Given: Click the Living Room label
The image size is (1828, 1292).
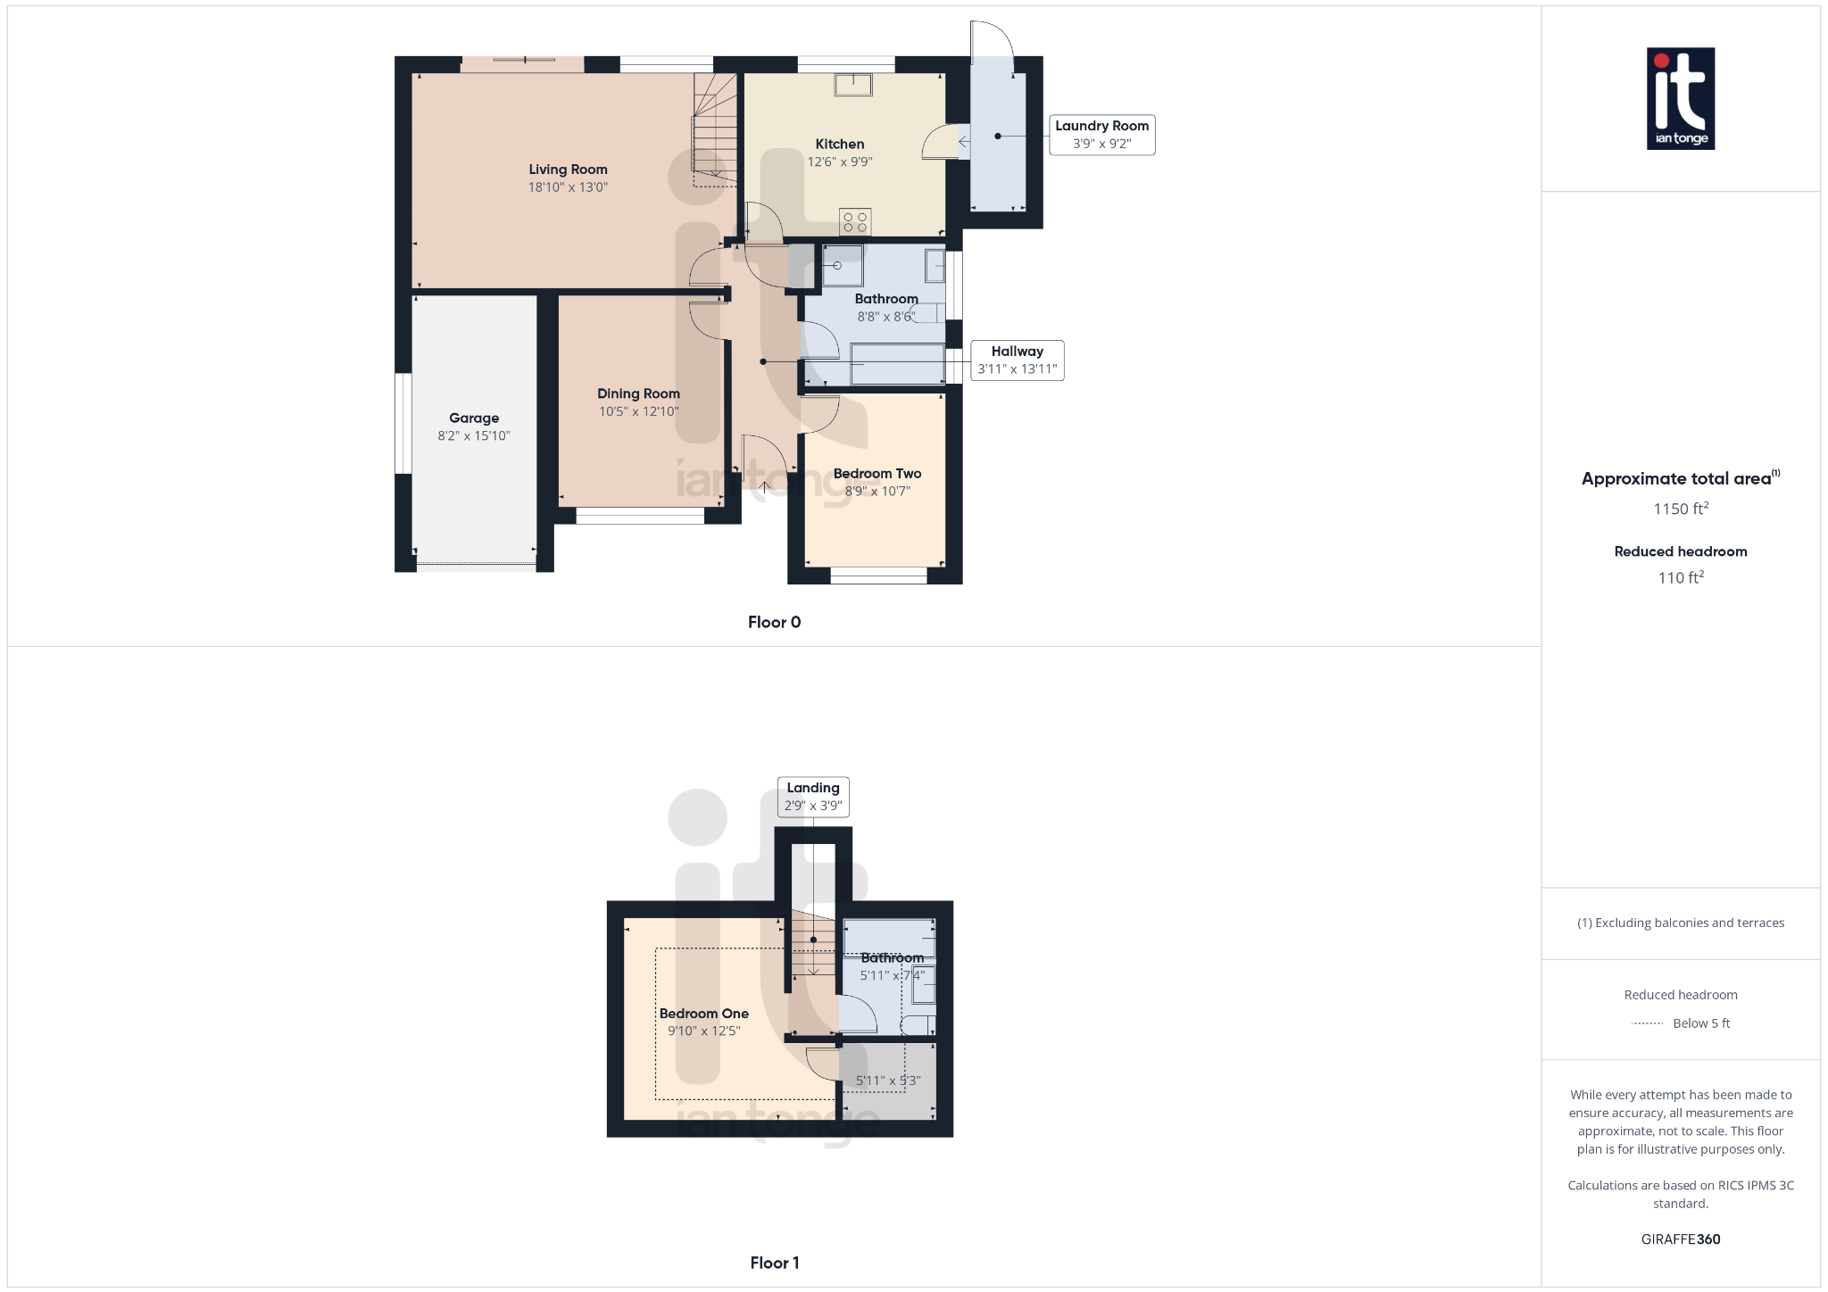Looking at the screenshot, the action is pyautogui.click(x=568, y=170).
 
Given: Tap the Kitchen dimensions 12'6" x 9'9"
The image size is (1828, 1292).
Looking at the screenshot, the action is pyautogui.click(x=840, y=161).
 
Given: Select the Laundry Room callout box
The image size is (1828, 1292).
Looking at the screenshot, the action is pyautogui.click(x=1101, y=135).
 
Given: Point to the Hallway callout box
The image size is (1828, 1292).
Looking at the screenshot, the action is pyautogui.click(x=1017, y=360).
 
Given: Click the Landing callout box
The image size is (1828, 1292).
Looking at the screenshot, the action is pyautogui.click(x=813, y=797).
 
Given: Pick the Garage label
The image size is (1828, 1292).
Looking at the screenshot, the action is pyautogui.click(x=474, y=418).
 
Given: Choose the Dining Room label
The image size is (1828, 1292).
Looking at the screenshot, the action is pyautogui.click(x=638, y=393).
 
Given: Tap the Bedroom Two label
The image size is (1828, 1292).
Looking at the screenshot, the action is pyautogui.click(x=877, y=474).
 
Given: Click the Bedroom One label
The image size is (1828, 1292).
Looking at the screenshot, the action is pyautogui.click(x=704, y=1014).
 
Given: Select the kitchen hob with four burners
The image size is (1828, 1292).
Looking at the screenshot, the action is pyautogui.click(x=855, y=222).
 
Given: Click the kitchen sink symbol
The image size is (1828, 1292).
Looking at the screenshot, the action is pyautogui.click(x=853, y=84).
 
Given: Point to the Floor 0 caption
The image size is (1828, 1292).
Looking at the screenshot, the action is pyautogui.click(x=775, y=622).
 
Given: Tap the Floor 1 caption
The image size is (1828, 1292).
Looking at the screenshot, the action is pyautogui.click(x=775, y=1263).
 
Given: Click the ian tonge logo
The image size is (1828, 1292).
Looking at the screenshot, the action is pyautogui.click(x=1681, y=98).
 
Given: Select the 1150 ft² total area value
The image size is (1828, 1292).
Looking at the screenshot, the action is pyautogui.click(x=1681, y=509).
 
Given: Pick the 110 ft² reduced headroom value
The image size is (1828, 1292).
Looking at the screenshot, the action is pyautogui.click(x=1681, y=577).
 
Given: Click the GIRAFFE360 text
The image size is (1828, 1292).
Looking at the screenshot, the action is pyautogui.click(x=1681, y=1239).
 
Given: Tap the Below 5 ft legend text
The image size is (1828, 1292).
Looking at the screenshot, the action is pyautogui.click(x=1701, y=1023).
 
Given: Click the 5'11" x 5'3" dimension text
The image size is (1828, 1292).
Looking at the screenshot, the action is pyautogui.click(x=888, y=1081).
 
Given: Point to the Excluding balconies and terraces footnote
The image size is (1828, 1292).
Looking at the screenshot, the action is pyautogui.click(x=1681, y=923).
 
